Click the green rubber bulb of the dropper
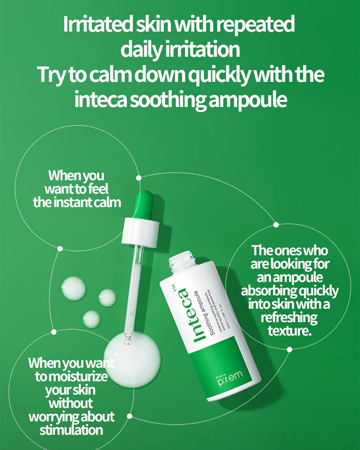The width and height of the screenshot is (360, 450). pos(145,202)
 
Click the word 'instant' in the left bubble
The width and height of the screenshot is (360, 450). pos(73,202)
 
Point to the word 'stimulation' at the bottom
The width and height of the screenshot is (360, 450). pos(71,429)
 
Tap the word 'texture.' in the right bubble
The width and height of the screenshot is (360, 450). pos(289,331)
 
